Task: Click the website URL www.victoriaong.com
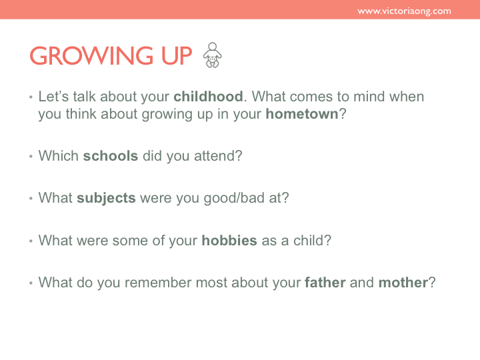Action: (404, 11)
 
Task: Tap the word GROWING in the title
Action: (91, 56)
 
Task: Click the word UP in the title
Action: (177, 56)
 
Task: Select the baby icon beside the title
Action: (213, 55)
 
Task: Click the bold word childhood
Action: (208, 97)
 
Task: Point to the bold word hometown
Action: (302, 114)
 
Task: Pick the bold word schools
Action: (111, 156)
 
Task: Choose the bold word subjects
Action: (106, 198)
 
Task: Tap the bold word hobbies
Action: (229, 240)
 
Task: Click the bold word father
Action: (325, 282)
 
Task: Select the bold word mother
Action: (403, 282)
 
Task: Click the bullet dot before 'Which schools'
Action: (31, 157)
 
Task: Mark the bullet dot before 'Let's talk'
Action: (31, 97)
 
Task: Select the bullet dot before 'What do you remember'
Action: (31, 283)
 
